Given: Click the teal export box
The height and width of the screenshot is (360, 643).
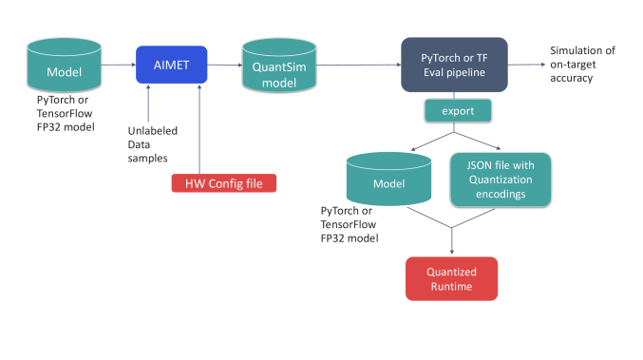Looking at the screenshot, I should pyautogui.click(x=456, y=112).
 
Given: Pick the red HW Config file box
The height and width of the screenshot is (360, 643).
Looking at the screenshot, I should pyautogui.click(x=223, y=182).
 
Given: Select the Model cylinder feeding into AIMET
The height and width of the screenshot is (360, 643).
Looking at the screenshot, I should pyautogui.click(x=65, y=66).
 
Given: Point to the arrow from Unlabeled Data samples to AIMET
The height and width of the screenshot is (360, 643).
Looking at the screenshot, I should pyautogui.click(x=149, y=104).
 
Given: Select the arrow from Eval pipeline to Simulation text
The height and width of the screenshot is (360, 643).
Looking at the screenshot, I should pyautogui.click(x=525, y=65).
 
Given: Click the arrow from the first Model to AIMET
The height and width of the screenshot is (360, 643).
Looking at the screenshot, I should pyautogui.click(x=118, y=65).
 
